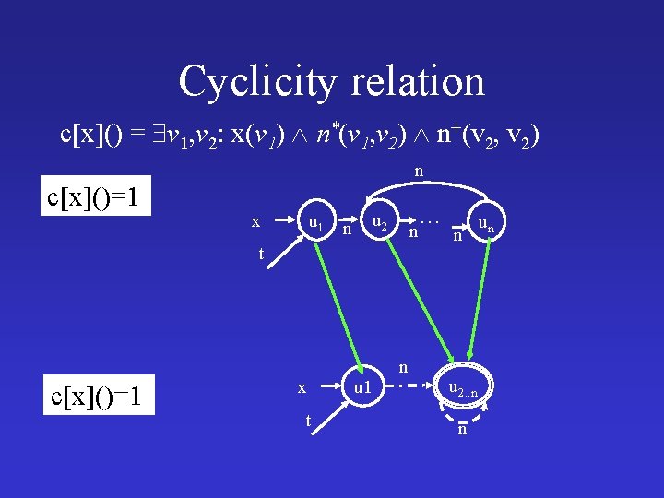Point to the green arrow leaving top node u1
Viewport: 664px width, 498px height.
(338, 304)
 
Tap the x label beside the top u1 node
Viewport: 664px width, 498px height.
(255, 222)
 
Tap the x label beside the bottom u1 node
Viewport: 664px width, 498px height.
(302, 388)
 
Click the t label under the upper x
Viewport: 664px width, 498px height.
(262, 254)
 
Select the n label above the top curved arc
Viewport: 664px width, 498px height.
(419, 171)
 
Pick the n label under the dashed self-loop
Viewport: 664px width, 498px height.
(462, 430)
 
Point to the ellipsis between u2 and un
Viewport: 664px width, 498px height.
(427, 219)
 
